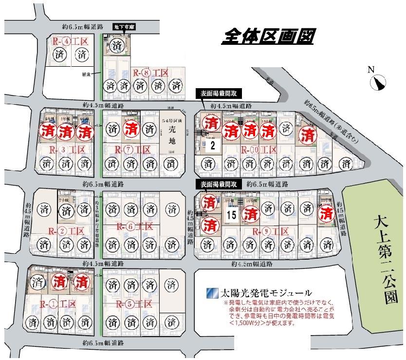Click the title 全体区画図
[x=267, y=37]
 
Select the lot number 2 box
[x=212, y=145]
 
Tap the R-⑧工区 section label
[x=150, y=73]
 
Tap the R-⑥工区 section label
[x=135, y=227]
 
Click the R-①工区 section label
[x=58, y=304]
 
